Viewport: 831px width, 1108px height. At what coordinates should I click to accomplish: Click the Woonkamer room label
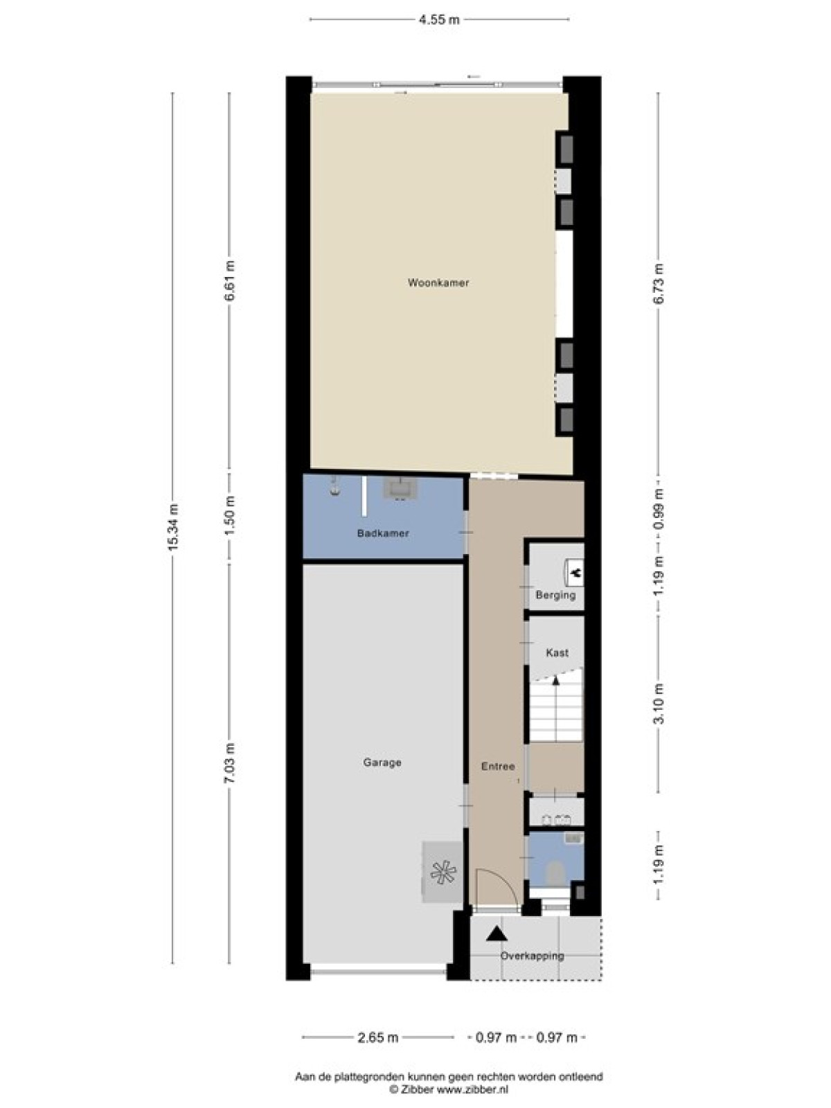tap(438, 283)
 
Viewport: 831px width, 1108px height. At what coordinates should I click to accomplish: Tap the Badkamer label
tap(382, 533)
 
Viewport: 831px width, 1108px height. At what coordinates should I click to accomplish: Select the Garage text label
tap(382, 762)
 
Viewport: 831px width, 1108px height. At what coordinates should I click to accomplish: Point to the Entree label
tap(497, 767)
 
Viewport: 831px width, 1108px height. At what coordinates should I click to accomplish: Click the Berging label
tap(555, 595)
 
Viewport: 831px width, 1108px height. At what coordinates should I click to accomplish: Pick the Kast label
tap(557, 653)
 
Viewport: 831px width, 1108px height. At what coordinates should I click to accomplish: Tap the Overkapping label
tap(532, 956)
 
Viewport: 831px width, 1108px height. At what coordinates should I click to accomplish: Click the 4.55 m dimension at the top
tap(439, 19)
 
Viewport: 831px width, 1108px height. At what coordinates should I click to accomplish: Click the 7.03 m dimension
tap(230, 765)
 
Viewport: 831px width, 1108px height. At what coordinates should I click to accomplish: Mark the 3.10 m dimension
tap(659, 704)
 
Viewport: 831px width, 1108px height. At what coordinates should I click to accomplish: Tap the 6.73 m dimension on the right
tap(659, 284)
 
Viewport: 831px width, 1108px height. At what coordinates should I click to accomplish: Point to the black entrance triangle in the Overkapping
tap(497, 934)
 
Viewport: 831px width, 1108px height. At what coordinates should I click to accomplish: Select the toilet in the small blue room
tap(555, 873)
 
